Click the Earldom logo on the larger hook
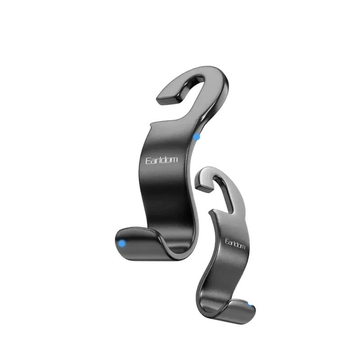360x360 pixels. tap(162, 160)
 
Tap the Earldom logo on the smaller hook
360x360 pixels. tap(235, 244)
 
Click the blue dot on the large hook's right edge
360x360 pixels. tap(197, 137)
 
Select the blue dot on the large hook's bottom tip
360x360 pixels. tap(122, 243)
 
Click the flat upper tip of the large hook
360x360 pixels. tap(168, 98)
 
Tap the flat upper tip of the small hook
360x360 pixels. tap(204, 185)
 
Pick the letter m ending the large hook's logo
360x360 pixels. tap(174, 160)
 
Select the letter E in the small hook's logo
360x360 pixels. tap(227, 241)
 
